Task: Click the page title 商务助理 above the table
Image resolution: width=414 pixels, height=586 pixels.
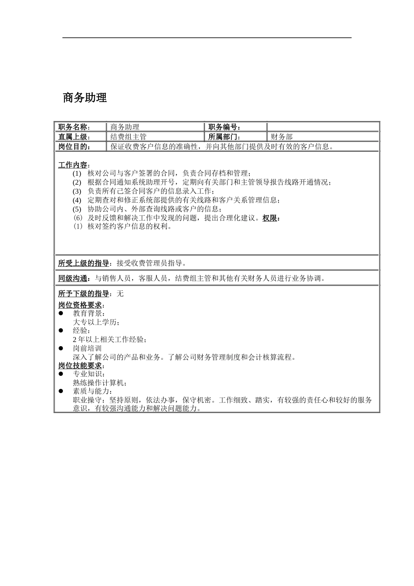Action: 85,98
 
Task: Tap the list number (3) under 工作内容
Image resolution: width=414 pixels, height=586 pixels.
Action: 77,191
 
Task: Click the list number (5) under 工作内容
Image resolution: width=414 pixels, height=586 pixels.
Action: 77,209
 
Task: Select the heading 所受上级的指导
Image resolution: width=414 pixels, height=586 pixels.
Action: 84,263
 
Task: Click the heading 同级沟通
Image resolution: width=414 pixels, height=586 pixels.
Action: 73,278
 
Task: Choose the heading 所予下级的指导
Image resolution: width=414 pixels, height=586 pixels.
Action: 84,293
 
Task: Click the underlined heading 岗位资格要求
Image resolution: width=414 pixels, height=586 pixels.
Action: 81,305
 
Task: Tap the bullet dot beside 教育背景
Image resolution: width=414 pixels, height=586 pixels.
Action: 61,313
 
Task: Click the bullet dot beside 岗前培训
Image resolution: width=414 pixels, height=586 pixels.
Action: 61,348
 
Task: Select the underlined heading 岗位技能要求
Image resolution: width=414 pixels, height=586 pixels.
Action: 81,365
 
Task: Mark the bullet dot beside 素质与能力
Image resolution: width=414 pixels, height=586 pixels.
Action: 61,391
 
